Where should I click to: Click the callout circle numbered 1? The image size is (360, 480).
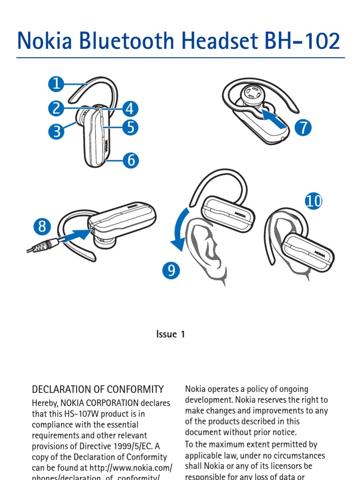[x=56, y=84]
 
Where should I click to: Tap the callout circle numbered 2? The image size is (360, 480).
[x=56, y=108]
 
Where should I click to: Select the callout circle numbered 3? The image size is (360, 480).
[x=56, y=131]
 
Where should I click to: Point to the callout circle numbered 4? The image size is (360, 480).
[x=130, y=109]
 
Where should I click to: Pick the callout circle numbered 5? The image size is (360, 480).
[x=130, y=127]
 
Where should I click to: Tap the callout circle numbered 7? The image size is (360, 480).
[x=303, y=127]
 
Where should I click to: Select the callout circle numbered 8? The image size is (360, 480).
[x=42, y=227]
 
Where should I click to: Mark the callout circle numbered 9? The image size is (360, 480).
[x=172, y=270]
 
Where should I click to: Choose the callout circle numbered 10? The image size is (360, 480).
[x=314, y=201]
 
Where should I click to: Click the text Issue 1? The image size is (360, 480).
[x=171, y=334]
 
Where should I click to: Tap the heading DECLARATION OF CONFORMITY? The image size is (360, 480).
[x=97, y=390]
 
